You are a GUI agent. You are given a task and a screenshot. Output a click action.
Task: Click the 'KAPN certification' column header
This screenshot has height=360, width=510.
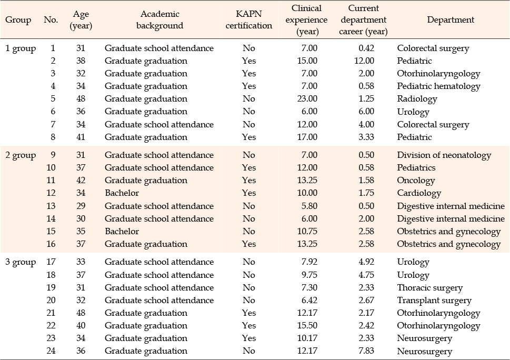[249, 19]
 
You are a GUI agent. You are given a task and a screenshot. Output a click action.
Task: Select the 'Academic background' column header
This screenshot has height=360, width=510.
[159, 19]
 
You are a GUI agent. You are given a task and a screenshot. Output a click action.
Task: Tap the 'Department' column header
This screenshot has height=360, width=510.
[451, 19]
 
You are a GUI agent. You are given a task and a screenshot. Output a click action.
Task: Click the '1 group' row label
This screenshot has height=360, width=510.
[21, 49]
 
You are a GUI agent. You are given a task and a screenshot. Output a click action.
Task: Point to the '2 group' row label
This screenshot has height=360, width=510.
[21, 155]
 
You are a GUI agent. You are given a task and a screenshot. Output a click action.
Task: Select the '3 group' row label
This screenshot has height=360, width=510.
[21, 263]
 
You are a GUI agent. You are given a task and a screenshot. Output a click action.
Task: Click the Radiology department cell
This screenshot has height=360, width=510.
[417, 99]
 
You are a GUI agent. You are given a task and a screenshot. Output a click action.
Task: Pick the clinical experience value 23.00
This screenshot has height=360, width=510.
[307, 98]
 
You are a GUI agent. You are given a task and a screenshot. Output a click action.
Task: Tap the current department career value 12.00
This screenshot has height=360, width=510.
[364, 61]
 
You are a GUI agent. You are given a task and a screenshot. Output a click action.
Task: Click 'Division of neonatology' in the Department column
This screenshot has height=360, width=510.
[444, 155]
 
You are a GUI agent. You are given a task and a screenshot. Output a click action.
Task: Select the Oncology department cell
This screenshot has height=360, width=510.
[416, 181]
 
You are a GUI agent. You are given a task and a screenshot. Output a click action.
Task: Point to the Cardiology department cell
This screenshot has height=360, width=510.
[419, 194]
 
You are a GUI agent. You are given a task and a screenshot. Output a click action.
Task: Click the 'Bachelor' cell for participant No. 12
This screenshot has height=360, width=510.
[122, 193]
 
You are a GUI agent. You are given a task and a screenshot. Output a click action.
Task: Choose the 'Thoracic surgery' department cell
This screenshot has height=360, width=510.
[429, 288]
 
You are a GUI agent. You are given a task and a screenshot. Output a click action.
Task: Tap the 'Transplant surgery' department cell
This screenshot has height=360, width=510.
[434, 301]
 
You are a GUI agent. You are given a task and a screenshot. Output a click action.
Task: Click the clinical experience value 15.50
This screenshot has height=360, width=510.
[307, 326]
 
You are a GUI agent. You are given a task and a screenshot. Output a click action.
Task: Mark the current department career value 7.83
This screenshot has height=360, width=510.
[366, 351]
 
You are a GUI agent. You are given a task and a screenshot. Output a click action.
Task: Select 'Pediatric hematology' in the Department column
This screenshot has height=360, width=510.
[438, 86]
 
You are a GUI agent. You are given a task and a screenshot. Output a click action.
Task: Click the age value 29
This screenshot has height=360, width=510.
[81, 206]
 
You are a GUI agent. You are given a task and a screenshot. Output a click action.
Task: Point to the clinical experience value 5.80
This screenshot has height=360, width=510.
[309, 206]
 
